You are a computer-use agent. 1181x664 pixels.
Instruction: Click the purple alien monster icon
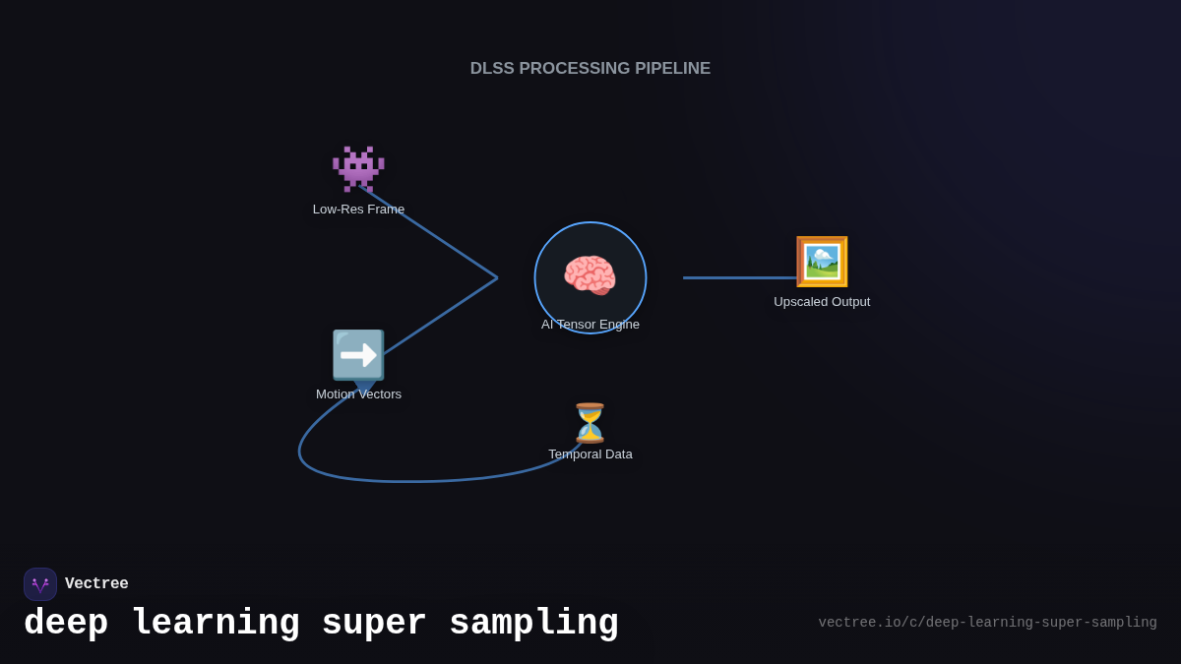point(358,169)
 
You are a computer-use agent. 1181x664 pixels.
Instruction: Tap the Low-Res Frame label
point(358,210)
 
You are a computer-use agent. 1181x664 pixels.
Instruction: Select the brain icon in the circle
point(590,274)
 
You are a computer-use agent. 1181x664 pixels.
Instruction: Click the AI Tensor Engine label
point(590,325)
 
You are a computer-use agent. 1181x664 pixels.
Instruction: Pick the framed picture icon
point(822,262)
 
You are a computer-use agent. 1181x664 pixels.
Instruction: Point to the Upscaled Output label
point(822,302)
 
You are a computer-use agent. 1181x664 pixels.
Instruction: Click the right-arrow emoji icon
point(358,355)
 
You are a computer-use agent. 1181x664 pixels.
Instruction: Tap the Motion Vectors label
point(358,394)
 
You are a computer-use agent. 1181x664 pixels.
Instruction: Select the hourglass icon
point(590,423)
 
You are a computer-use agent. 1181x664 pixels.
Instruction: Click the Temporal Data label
point(590,454)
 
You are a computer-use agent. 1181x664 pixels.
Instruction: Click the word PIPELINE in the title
point(672,69)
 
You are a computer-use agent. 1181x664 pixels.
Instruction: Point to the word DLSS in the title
point(492,69)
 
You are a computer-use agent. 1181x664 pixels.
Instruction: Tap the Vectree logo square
point(40,584)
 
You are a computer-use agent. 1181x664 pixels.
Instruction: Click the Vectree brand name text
point(96,584)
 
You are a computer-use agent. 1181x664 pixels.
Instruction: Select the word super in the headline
point(374,624)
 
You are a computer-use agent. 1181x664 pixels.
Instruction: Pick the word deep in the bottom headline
point(66,624)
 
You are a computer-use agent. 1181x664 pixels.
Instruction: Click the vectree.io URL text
point(987,623)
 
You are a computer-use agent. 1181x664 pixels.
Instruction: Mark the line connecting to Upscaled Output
point(738,277)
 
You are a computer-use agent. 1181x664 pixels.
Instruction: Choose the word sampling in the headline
point(533,624)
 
